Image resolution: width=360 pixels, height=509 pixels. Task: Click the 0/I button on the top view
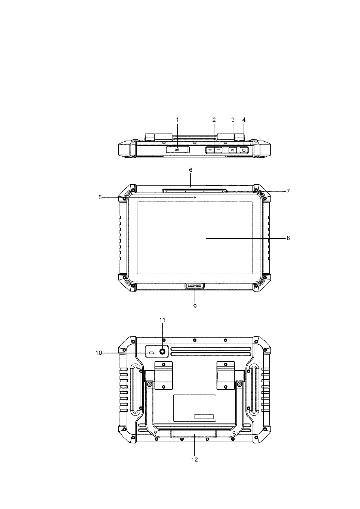177,150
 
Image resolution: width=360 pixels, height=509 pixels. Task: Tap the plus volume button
210,150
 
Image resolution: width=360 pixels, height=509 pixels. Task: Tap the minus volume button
218,150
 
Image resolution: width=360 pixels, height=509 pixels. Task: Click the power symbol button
244,150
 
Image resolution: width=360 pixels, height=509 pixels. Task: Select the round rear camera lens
162,352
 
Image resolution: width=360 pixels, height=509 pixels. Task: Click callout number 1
177,120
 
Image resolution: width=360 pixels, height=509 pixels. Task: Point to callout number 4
244,120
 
